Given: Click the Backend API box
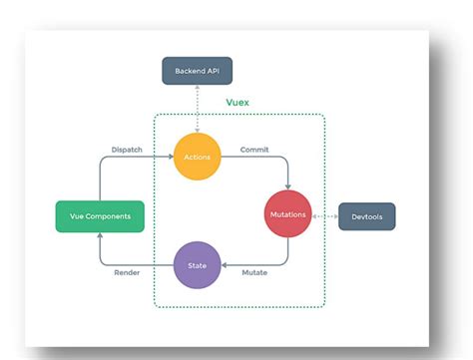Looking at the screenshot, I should (197, 71).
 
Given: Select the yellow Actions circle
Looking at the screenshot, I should (197, 158).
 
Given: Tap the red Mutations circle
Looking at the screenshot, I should (289, 214).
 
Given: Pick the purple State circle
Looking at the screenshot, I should (197, 266).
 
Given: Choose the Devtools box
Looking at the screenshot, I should (366, 215).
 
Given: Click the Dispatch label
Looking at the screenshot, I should (127, 151).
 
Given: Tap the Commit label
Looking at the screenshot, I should (254, 151).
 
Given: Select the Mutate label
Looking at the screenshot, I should (253, 273).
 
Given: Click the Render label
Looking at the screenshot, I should (126, 273).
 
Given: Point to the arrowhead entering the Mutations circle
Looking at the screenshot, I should (289, 187).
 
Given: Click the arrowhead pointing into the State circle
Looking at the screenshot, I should (225, 266).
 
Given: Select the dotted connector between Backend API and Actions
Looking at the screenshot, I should (197, 109).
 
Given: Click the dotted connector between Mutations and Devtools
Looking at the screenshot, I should (325, 215).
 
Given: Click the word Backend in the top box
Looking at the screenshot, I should (187, 71).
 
